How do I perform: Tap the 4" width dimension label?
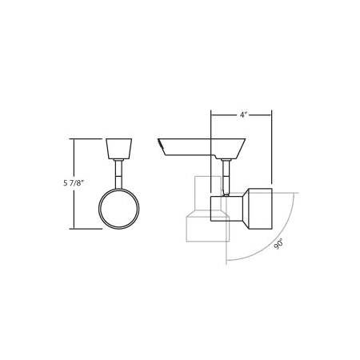click(x=242, y=115)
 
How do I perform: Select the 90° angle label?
click(x=278, y=244)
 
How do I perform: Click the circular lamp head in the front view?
click(x=118, y=209)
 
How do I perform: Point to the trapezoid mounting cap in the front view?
click(x=118, y=149)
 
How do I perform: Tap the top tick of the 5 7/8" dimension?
click(x=74, y=139)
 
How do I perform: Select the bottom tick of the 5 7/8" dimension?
click(x=74, y=230)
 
